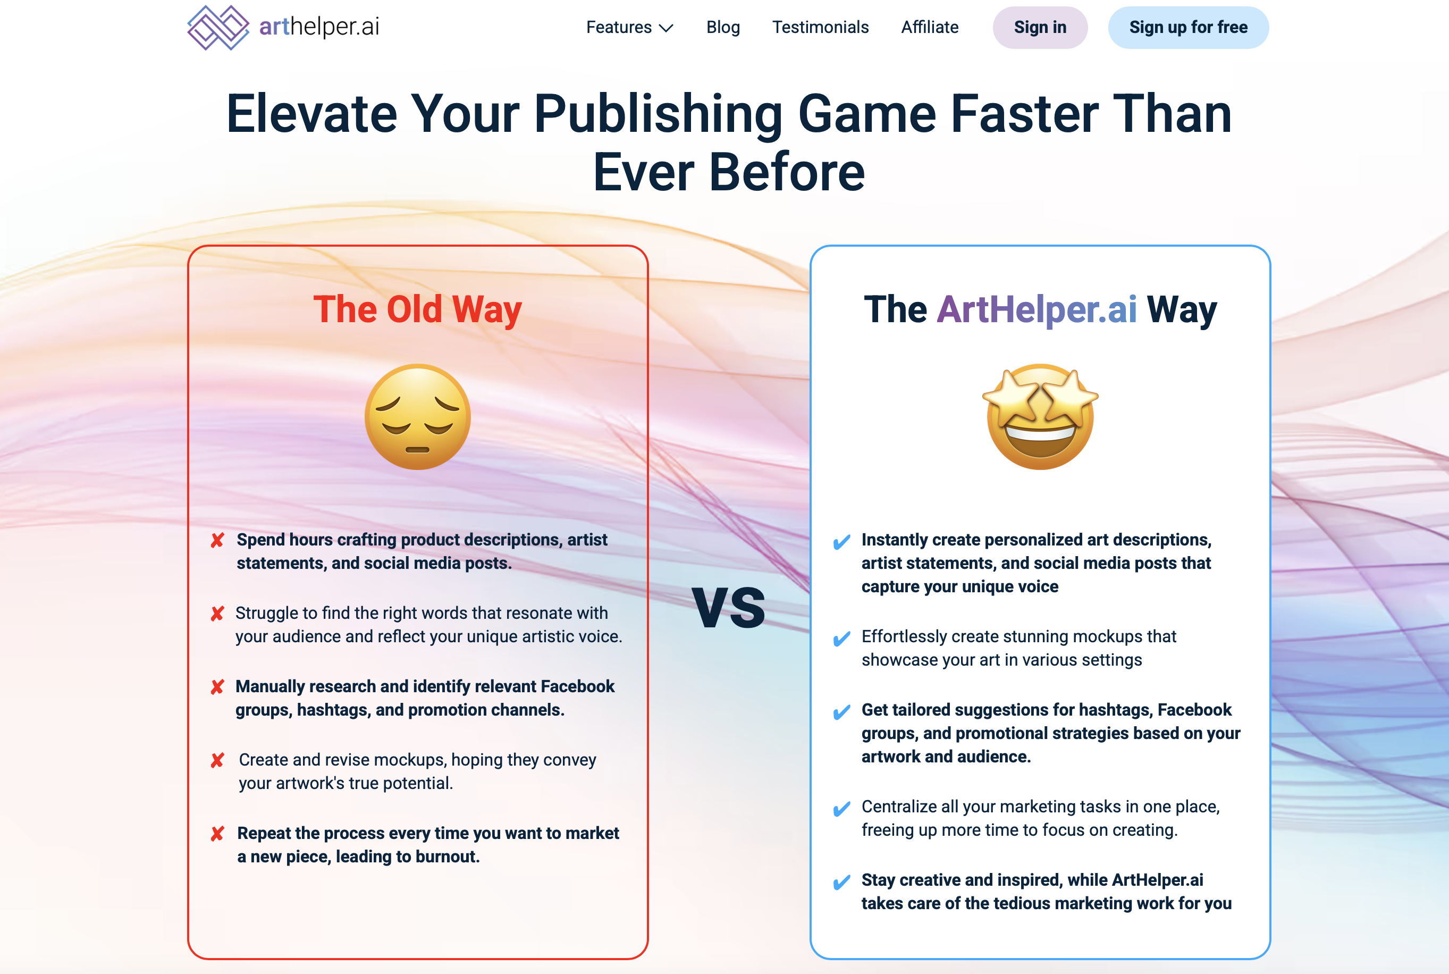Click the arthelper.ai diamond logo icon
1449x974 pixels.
[218, 27]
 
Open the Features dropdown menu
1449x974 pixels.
[629, 27]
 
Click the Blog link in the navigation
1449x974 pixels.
[723, 27]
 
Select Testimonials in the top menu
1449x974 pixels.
[820, 27]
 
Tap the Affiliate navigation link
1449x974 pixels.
[930, 27]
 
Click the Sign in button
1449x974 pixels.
[1040, 27]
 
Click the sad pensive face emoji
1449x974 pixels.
[418, 416]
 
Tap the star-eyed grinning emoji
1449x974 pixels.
[1040, 416]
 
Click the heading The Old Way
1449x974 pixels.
[417, 309]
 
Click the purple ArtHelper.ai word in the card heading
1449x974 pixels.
[1037, 309]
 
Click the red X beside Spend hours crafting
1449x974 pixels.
[217, 540]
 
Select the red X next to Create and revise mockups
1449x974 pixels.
[217, 760]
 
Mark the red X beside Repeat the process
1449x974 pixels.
[217, 834]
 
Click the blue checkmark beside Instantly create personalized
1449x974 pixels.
[841, 542]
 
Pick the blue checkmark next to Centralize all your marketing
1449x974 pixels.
[841, 809]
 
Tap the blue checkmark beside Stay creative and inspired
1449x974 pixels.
[841, 882]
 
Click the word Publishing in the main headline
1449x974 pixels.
[658, 115]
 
